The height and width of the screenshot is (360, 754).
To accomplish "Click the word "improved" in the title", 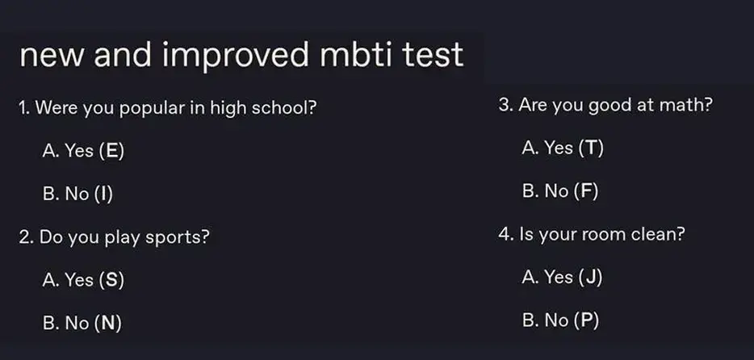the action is (x=236, y=56).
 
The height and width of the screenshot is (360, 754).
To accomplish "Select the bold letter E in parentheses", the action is (x=111, y=151).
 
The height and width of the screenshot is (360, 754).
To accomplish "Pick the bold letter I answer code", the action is (x=104, y=194).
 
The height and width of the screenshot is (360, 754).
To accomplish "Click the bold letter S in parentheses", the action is (x=111, y=280).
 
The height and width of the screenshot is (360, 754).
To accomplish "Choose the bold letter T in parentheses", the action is (x=591, y=148).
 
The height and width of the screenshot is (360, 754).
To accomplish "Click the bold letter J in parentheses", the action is (x=590, y=277).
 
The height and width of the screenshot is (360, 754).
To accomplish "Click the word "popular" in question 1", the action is (x=152, y=109).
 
